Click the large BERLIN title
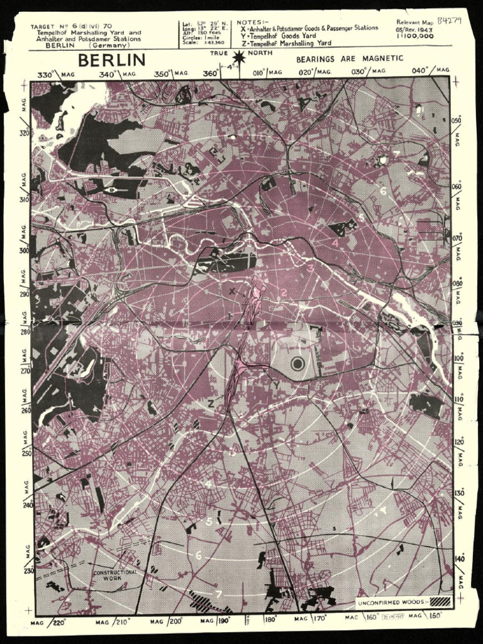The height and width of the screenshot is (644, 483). (111, 60)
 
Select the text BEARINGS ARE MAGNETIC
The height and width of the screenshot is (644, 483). (349, 58)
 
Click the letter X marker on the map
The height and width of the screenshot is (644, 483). (232, 292)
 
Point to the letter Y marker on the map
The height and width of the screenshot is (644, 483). (277, 385)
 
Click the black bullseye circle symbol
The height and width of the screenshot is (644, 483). (298, 364)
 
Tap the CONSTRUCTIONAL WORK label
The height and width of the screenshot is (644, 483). (115, 575)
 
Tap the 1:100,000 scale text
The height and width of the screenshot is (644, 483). (414, 36)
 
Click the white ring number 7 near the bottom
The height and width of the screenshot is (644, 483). (218, 594)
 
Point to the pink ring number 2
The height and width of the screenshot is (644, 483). (284, 292)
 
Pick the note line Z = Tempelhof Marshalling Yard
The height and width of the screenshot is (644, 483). (290, 43)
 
